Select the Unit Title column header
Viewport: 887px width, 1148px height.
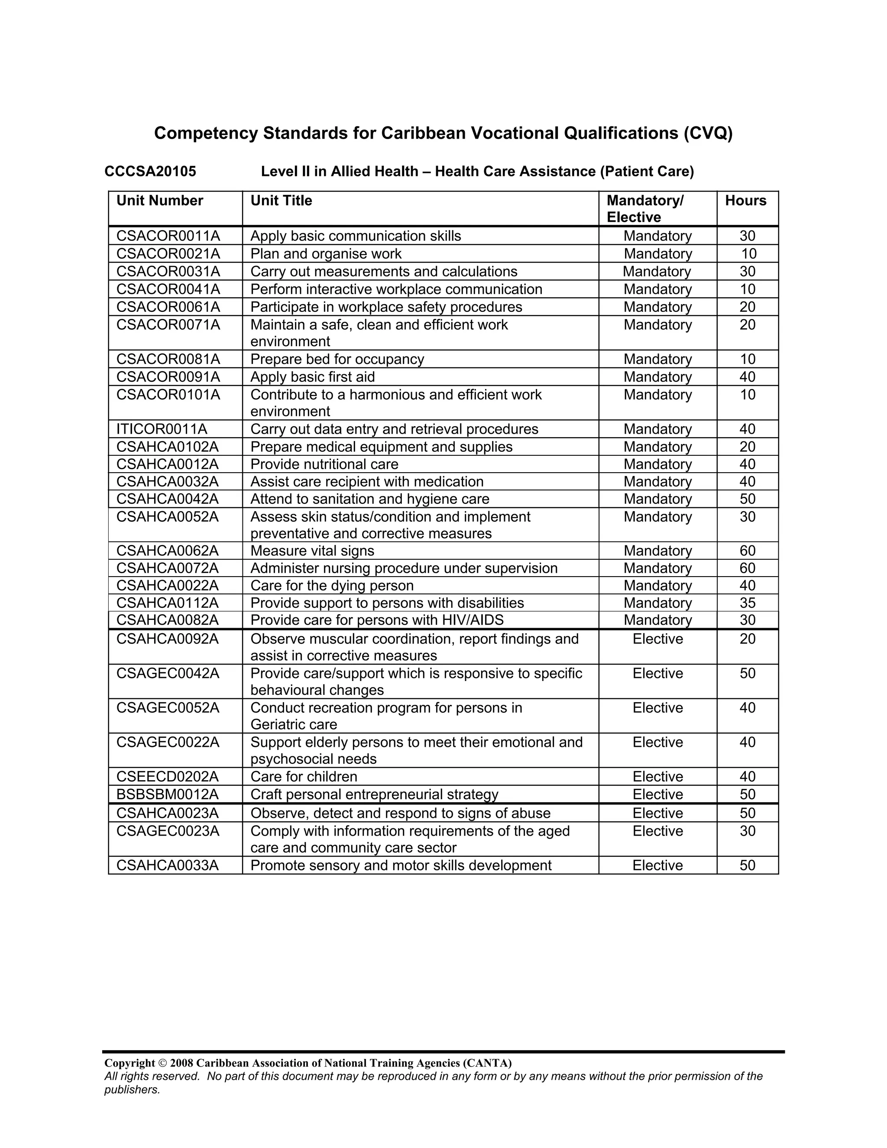(281, 201)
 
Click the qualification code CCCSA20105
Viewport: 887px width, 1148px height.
(150, 172)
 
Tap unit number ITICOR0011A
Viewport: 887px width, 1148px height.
(162, 429)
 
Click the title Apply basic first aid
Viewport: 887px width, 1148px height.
(313, 377)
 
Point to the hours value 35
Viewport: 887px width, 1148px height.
(747, 603)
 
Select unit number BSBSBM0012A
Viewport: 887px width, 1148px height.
(168, 794)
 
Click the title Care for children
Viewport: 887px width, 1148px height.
(304, 777)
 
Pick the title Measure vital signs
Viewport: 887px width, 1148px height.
(312, 551)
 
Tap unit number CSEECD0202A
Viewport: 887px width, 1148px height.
(168, 777)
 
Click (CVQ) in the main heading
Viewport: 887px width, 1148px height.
(708, 133)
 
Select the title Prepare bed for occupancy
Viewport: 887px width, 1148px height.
(337, 359)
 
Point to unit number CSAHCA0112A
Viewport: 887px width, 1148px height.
(167, 603)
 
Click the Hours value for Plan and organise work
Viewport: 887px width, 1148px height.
(748, 254)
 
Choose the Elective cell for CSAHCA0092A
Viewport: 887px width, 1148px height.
(657, 639)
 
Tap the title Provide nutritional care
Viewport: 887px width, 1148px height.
(324, 464)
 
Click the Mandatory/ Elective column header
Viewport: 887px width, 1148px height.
(645, 209)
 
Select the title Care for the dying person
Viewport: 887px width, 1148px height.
(332, 586)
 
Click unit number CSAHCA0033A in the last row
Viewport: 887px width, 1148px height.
(167, 865)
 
